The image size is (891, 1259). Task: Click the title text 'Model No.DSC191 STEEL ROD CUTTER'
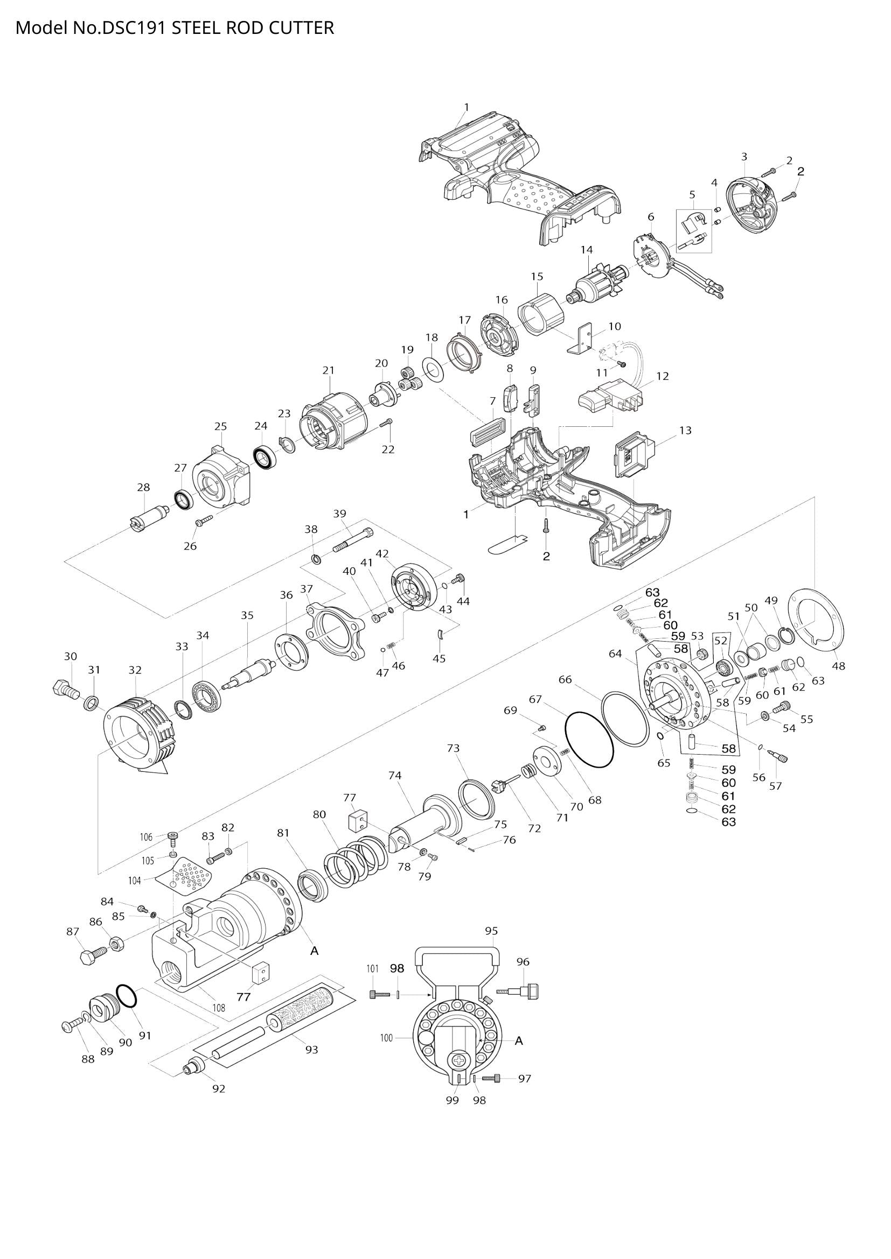(x=175, y=27)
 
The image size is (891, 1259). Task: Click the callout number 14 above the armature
(x=587, y=250)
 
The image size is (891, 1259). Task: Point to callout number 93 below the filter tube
(x=311, y=1049)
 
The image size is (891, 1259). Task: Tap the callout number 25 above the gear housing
(x=220, y=426)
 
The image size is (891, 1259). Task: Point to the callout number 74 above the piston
(x=395, y=775)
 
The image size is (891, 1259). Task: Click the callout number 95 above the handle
(x=492, y=930)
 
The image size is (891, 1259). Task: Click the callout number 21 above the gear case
(x=328, y=370)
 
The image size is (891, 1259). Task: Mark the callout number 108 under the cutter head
(x=219, y=1007)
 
